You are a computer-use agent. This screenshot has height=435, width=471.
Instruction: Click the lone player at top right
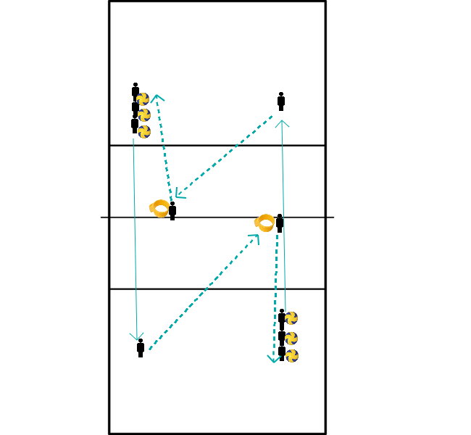coord(281,101)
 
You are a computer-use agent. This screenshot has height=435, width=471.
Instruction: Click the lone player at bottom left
coord(141,348)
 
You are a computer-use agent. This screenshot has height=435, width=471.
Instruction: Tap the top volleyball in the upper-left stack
coord(143,99)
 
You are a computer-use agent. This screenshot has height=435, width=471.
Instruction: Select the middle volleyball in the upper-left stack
coord(144,115)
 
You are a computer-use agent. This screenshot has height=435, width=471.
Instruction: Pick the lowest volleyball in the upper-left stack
coord(144,132)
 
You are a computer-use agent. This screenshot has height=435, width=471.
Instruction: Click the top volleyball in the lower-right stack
coord(291,318)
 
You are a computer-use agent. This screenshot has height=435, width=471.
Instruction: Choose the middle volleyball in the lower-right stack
coord(291,338)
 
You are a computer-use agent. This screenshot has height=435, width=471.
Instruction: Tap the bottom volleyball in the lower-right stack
coord(292,355)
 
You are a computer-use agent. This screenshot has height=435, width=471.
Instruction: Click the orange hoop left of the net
coord(160,209)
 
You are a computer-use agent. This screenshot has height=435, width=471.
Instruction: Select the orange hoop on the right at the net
coord(265,223)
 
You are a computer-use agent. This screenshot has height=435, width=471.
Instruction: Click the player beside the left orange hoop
coord(172,211)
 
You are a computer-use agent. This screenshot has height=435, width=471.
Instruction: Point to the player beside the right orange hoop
coord(280,223)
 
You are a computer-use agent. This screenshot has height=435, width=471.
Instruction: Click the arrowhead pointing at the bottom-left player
coord(136,337)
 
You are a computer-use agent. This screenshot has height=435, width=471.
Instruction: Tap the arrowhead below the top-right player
coord(283,123)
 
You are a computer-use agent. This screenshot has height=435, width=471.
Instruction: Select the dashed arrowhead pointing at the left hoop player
coord(178,194)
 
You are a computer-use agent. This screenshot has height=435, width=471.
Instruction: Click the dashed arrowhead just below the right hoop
coord(255,238)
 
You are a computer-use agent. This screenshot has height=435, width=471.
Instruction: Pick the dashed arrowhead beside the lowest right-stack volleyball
coord(273,358)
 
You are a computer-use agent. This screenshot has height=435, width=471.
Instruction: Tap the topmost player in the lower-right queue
coord(282,317)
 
